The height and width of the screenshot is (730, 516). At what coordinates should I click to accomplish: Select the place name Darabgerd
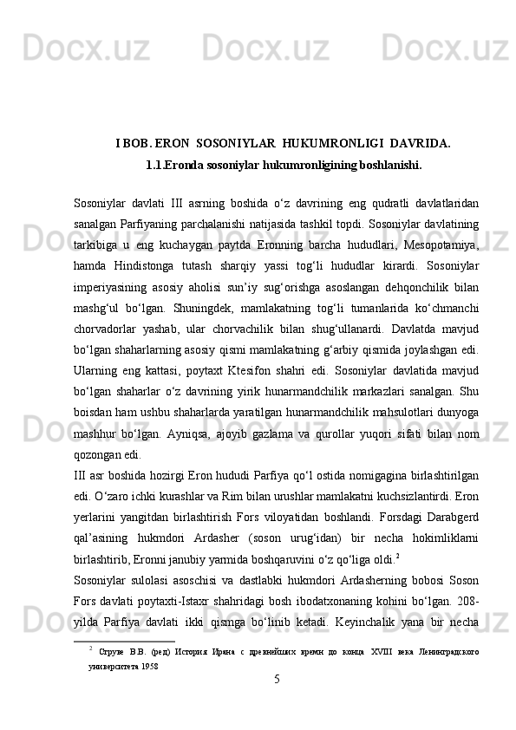[x=447, y=538]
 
